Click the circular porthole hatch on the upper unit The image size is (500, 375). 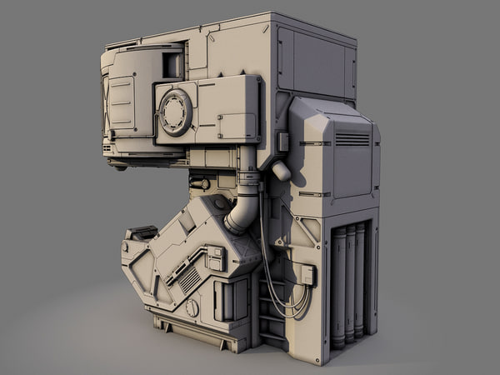click(175, 112)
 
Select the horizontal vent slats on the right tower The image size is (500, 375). click(352, 139)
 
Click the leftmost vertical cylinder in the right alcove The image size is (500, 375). click(338, 283)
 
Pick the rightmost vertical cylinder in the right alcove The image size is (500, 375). click(360, 279)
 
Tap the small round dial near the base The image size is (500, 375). click(192, 307)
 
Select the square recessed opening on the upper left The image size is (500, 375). click(172, 64)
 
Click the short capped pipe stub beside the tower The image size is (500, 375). click(281, 171)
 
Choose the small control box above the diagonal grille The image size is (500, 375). click(215, 258)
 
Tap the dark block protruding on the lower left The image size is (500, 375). click(142, 232)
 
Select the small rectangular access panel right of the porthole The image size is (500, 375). click(237, 125)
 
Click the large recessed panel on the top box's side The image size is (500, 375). click(317, 62)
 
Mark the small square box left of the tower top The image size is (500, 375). click(283, 142)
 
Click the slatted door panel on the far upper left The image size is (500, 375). click(122, 104)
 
